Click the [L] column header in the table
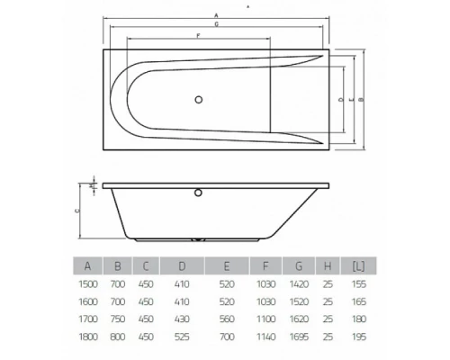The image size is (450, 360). (358, 265)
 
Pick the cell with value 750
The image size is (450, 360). (117, 319)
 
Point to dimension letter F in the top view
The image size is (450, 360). (197, 35)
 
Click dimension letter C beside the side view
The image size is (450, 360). (78, 209)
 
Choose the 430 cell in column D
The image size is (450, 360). (182, 319)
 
